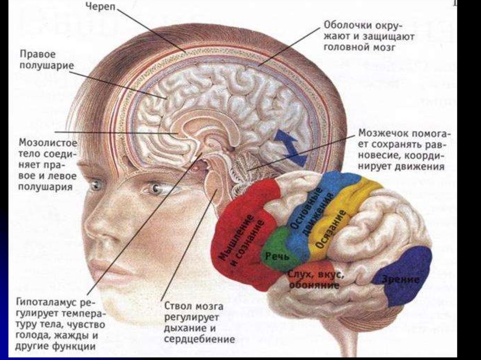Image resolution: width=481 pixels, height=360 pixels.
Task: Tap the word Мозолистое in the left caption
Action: point(48,141)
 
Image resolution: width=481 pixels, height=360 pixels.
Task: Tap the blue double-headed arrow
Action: point(290,147)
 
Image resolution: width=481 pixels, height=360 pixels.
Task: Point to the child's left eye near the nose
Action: point(155,189)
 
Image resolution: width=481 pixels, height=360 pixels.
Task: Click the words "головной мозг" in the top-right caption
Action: point(360,47)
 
